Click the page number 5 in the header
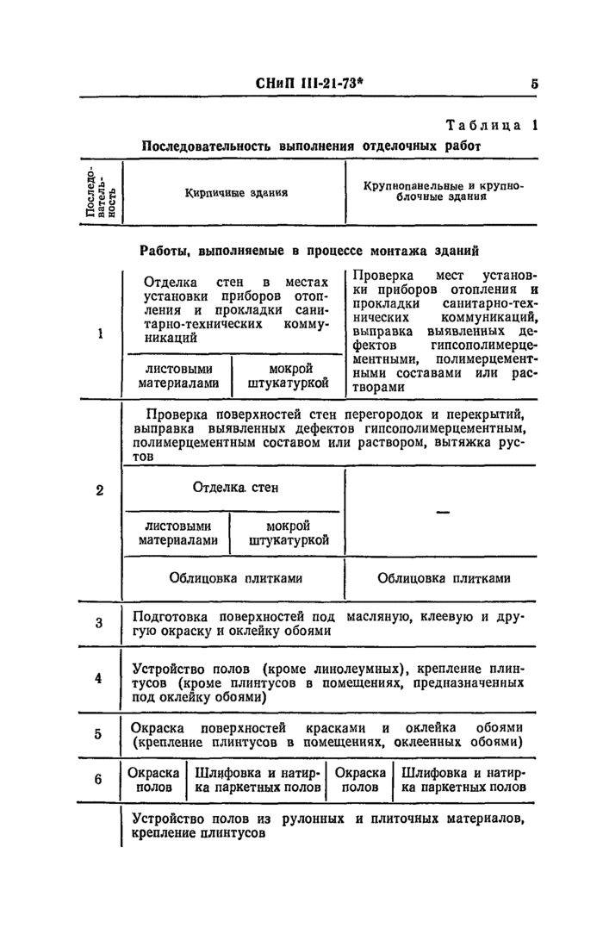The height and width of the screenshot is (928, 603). click(535, 84)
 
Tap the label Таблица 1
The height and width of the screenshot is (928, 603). click(489, 126)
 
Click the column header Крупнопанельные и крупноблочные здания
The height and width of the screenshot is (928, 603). click(443, 191)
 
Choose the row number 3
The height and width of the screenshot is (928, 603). click(100, 623)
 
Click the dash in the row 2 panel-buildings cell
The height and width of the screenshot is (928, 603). click(444, 513)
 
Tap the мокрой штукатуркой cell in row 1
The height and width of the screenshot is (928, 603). click(289, 375)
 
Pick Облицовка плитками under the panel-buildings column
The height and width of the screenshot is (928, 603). click(443, 579)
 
